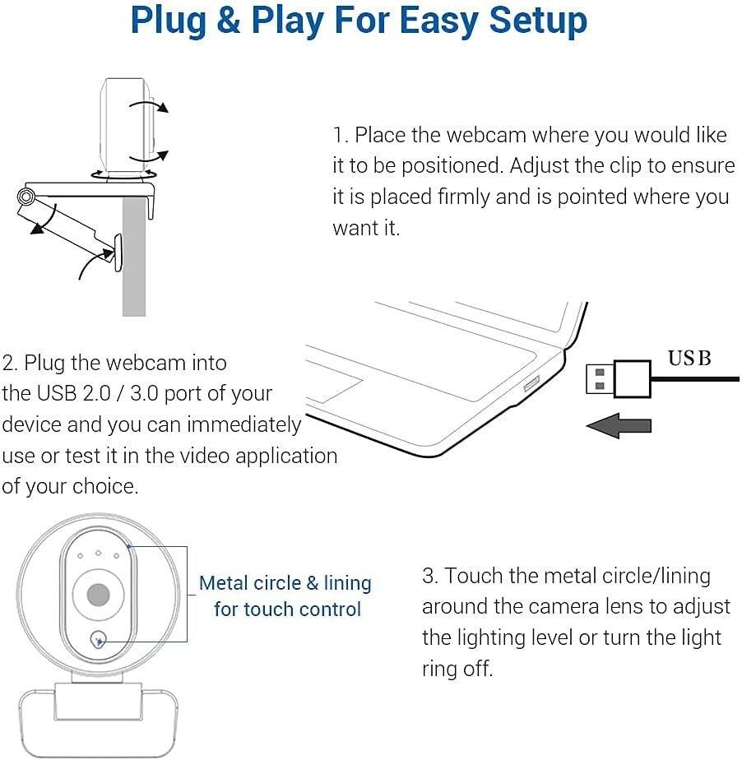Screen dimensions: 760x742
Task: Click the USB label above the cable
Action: [x=689, y=359]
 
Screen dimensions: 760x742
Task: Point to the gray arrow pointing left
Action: [x=618, y=425]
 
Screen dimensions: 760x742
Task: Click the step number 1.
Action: [x=339, y=135]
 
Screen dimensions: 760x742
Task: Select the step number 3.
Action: [x=429, y=576]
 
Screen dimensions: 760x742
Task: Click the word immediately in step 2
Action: [x=244, y=424]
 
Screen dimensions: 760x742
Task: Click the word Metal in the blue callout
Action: [x=227, y=583]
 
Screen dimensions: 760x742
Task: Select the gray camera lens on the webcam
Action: [x=99, y=594]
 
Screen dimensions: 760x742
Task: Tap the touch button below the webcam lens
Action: [x=100, y=638]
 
